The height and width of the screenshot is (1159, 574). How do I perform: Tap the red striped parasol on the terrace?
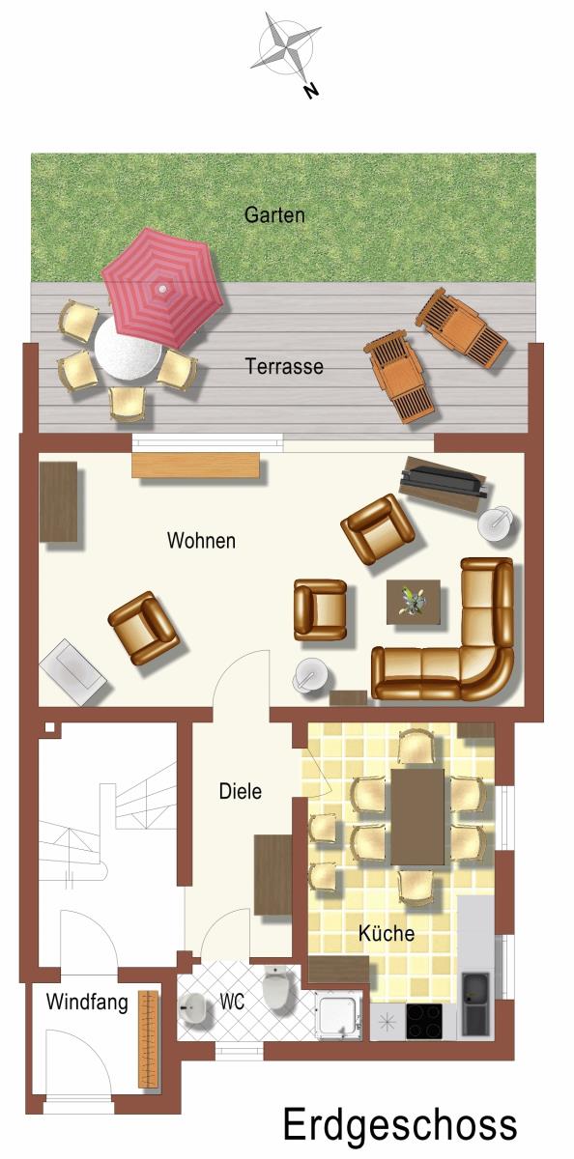click(x=163, y=288)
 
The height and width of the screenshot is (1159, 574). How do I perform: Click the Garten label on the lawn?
click(x=274, y=214)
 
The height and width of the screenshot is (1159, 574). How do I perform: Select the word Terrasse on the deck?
click(x=284, y=366)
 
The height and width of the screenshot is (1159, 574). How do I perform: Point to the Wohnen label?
click(x=201, y=541)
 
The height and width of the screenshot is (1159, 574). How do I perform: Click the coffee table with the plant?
click(x=414, y=602)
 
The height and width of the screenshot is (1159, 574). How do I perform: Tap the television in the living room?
click(x=444, y=481)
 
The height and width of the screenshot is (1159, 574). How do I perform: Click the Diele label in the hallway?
click(x=241, y=791)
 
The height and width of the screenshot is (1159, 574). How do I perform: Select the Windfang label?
click(x=87, y=1003)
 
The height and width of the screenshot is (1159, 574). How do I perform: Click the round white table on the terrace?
click(x=128, y=350)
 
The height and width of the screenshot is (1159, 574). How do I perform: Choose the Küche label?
click(x=387, y=933)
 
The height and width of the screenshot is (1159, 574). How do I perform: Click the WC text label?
click(x=232, y=1002)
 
